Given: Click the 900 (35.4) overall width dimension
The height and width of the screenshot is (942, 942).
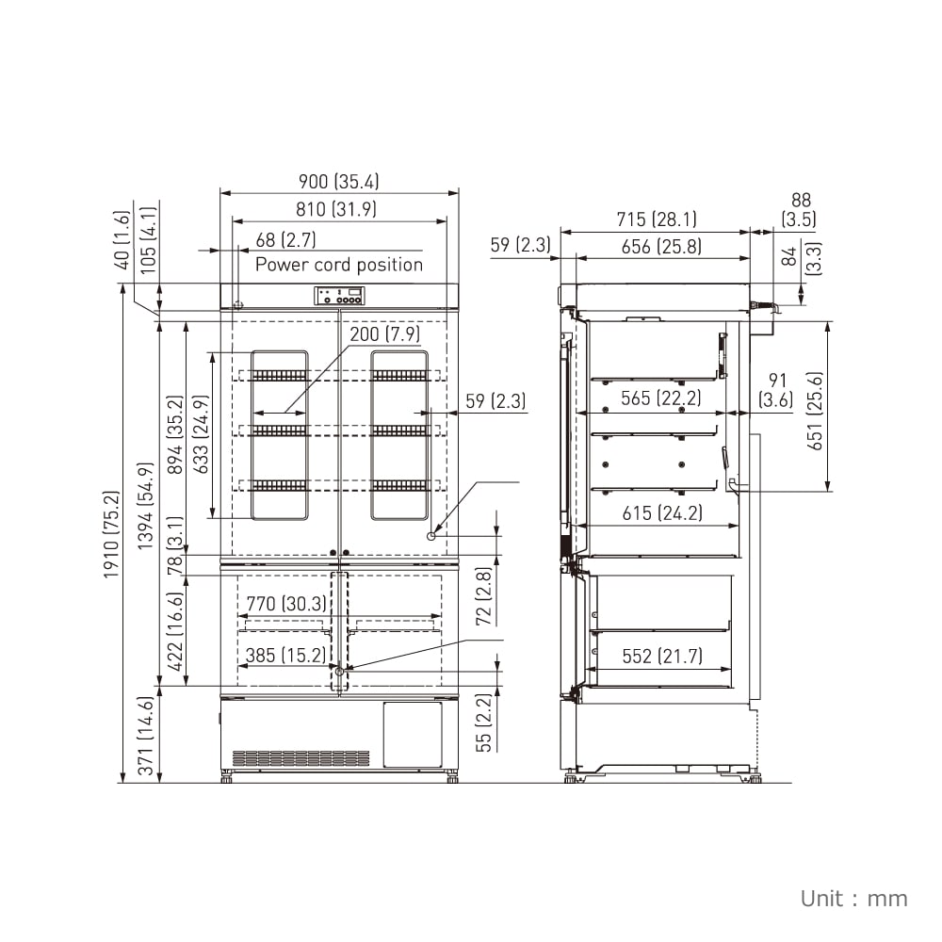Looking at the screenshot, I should [340, 182].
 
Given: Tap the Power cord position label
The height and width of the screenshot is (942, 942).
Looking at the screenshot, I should [339, 265].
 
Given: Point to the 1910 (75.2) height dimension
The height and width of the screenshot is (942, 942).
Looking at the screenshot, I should [112, 535].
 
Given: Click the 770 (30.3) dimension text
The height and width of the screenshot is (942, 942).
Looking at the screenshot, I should [286, 604].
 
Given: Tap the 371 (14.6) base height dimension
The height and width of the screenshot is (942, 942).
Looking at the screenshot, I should [146, 736].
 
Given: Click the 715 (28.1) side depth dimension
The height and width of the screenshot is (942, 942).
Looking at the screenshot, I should [657, 219].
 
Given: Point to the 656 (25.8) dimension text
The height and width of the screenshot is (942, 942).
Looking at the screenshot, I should [661, 247].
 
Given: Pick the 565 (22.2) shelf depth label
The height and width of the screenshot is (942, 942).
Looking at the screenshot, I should [660, 398].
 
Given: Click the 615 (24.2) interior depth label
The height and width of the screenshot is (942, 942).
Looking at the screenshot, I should [661, 513].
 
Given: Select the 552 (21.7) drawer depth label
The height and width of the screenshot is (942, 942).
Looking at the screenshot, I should [661, 657].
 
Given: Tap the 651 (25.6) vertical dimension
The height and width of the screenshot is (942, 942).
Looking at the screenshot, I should [815, 410].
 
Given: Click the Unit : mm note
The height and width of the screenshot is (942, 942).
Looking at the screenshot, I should [853, 898].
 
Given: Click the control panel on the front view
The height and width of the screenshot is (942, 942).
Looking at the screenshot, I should [339, 297].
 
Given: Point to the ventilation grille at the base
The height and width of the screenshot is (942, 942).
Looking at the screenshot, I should [300, 758].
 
